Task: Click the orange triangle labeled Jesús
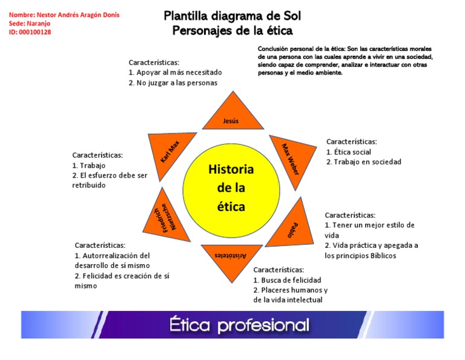[x=232, y=116]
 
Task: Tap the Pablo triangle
[x=287, y=225]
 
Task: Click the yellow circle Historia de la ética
[x=231, y=187]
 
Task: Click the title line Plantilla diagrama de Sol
[x=232, y=16]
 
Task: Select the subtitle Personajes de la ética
[x=232, y=30]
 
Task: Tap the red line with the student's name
[x=64, y=15]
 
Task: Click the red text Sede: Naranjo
[x=30, y=23]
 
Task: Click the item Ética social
[x=351, y=152]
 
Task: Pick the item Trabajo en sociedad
[x=366, y=162]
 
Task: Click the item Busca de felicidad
[x=290, y=280]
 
